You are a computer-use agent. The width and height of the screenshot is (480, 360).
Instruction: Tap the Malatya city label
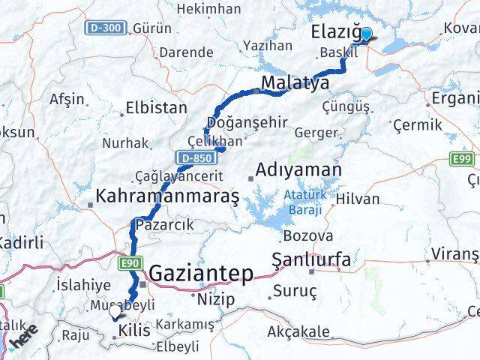(295, 82)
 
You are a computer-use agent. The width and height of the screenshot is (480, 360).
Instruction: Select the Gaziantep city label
(201, 274)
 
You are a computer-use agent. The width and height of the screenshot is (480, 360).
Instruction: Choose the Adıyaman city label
(298, 170)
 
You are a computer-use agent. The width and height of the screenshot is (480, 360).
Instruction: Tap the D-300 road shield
(103, 28)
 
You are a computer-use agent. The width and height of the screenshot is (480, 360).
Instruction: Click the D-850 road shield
(193, 157)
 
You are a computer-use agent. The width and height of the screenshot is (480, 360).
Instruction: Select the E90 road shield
(130, 262)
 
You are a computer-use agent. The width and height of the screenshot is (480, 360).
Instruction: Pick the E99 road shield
(461, 159)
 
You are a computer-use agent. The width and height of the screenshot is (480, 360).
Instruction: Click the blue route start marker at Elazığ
(366, 34)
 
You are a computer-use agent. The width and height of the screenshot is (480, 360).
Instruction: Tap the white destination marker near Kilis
(115, 313)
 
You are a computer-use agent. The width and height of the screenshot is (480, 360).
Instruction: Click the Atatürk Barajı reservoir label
(303, 202)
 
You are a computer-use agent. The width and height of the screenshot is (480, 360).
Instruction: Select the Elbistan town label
(157, 107)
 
